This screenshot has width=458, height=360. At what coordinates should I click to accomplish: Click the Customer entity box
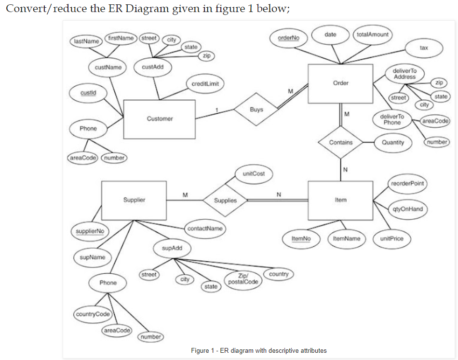point(160,119)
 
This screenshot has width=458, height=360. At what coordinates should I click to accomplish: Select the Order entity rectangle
point(340,83)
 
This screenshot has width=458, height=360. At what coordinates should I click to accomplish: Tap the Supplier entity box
point(134,200)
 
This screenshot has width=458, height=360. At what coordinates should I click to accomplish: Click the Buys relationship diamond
point(256,110)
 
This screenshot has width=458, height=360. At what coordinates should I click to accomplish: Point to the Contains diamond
point(341,143)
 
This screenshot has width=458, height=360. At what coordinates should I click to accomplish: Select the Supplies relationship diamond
point(225,200)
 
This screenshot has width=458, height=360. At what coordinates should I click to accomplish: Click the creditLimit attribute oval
point(205,84)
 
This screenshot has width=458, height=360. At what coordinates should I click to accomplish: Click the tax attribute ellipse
point(424,48)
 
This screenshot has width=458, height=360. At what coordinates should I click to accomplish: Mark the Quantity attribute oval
point(393,143)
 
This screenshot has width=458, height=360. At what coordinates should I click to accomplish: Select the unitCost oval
point(253,173)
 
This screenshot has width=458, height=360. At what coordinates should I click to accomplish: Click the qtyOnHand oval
point(407,209)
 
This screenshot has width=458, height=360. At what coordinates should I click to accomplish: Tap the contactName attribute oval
point(205,228)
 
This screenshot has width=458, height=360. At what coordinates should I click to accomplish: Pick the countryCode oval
point(93,314)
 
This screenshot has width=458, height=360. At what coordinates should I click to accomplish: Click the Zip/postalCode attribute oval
point(244,280)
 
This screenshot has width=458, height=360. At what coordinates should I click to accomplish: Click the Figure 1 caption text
point(258,350)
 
